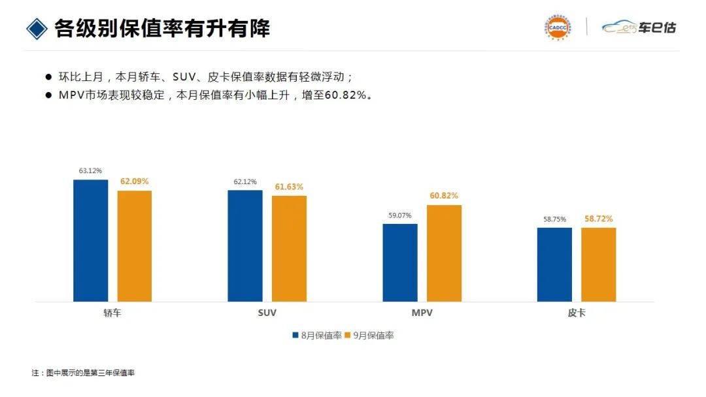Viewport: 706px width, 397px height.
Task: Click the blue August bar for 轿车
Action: [x=90, y=240]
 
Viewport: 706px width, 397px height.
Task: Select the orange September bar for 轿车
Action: [x=135, y=246]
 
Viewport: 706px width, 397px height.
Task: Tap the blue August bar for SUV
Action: [x=244, y=246]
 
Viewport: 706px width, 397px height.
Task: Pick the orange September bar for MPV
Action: [x=444, y=253]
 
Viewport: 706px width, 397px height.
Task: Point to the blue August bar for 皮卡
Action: [x=554, y=264]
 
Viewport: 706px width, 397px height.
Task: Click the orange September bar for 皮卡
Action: [x=598, y=264]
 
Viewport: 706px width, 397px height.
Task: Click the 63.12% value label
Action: [x=90, y=171]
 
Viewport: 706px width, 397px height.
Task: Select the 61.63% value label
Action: [x=289, y=187]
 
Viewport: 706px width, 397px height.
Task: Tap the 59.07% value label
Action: [x=399, y=215]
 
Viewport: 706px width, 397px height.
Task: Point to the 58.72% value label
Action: [x=599, y=219]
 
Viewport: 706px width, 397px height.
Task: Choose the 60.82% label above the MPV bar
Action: [x=444, y=196]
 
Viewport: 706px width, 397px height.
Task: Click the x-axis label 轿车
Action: [x=112, y=313]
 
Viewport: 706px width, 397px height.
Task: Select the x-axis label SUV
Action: [x=267, y=313]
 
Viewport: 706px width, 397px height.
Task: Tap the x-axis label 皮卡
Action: [x=577, y=313]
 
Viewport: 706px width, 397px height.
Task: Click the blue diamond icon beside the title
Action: [x=36, y=28]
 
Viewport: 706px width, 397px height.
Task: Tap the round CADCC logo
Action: [x=558, y=27]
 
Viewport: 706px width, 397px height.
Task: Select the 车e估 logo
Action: [x=639, y=27]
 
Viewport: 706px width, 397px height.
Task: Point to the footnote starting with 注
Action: [x=83, y=373]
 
